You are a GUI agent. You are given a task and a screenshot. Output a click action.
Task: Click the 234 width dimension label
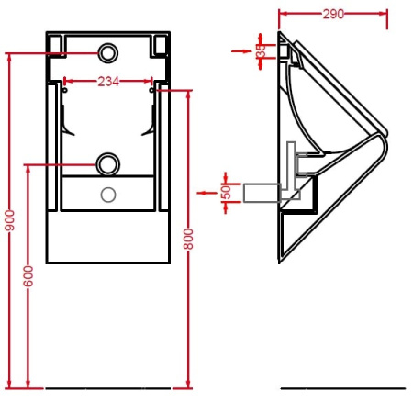point(108,82)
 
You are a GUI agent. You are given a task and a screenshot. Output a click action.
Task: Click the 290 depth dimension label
point(333,14)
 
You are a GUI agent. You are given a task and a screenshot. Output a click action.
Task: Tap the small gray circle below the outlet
point(108,194)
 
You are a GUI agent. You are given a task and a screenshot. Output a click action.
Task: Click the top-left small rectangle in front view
point(56,44)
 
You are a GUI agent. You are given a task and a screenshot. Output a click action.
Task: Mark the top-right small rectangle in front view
point(161,44)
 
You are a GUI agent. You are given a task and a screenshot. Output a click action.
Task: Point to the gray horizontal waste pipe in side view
point(262,192)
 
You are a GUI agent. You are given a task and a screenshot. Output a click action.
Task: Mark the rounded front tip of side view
point(384,146)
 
